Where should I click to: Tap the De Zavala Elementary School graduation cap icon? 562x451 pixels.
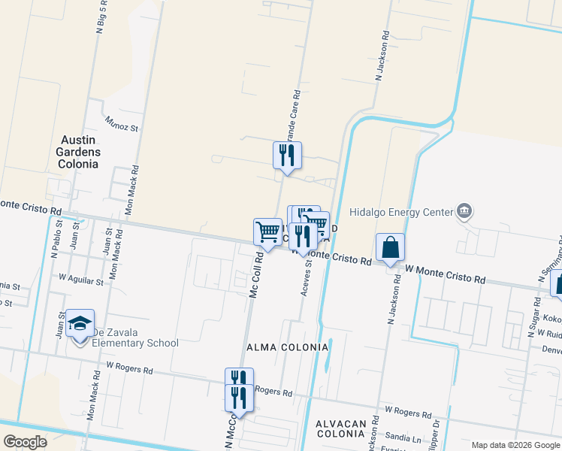click(80, 323)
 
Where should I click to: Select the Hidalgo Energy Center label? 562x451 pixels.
click(400, 213)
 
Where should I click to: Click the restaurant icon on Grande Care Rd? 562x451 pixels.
click(286, 156)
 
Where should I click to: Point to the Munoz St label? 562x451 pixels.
click(122, 123)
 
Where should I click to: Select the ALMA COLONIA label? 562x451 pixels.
click(288, 347)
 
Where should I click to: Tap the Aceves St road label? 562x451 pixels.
click(307, 277)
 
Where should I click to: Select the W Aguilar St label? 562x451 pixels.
click(82, 280)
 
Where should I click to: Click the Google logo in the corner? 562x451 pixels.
click(26, 442)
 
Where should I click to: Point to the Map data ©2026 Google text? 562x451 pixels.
click(515, 445)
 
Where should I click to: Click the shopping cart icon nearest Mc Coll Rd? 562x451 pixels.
click(267, 232)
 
